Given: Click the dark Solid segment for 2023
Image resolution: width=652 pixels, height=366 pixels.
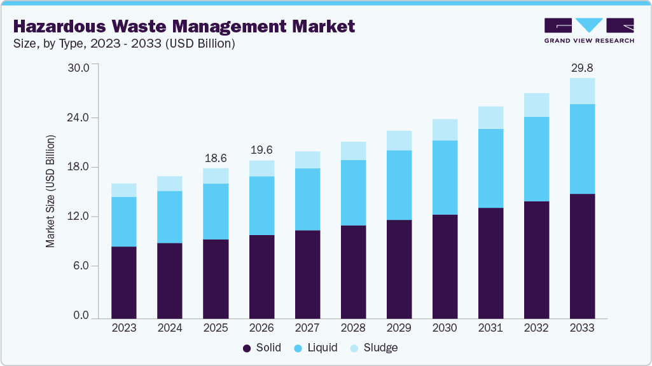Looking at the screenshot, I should (x=124, y=282).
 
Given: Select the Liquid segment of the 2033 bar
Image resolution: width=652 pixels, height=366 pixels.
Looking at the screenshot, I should (x=582, y=149).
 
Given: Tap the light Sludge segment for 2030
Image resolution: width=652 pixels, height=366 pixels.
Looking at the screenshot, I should (x=445, y=130).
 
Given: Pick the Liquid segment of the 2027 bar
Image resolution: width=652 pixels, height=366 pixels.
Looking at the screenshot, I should (x=307, y=199).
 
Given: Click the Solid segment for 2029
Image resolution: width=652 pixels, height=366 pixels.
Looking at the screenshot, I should (x=399, y=269).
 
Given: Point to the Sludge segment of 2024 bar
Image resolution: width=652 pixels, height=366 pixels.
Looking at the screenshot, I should (x=170, y=184).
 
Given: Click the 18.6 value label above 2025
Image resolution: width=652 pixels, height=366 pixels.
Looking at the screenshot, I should (x=216, y=158).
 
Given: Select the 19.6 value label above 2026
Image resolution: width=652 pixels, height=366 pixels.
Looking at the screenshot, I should (x=261, y=150).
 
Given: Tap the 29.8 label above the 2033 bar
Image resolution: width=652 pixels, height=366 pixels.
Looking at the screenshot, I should (x=582, y=68).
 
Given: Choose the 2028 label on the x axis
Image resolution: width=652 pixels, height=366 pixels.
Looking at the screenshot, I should (x=353, y=329).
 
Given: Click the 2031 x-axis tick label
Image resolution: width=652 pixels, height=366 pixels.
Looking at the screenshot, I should (x=490, y=329).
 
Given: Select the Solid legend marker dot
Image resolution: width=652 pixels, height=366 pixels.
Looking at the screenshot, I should (x=247, y=348).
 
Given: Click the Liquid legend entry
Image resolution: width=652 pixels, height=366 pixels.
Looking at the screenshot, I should (x=316, y=348).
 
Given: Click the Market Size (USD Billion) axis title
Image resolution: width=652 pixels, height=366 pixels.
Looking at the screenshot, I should (x=50, y=191).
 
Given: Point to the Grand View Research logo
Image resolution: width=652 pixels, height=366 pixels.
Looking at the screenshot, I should (x=588, y=30).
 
